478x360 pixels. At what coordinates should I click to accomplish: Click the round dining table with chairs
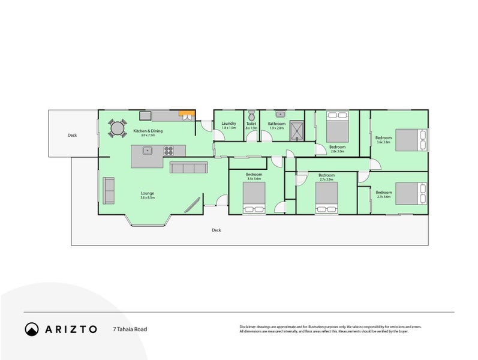116,127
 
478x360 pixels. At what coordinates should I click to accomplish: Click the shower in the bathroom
297,131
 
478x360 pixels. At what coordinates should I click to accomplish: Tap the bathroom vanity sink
280,113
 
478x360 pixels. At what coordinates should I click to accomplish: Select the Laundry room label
229,124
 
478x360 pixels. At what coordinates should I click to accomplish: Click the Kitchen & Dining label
148,131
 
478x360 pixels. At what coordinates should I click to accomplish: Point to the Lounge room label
148,193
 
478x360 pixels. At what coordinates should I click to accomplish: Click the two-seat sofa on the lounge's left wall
109,190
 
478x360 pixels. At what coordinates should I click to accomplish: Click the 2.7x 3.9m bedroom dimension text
326,179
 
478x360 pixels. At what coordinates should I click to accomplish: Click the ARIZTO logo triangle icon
32,329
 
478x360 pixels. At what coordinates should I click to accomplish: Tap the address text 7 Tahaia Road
130,329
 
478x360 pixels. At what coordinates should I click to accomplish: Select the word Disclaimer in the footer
249,327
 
